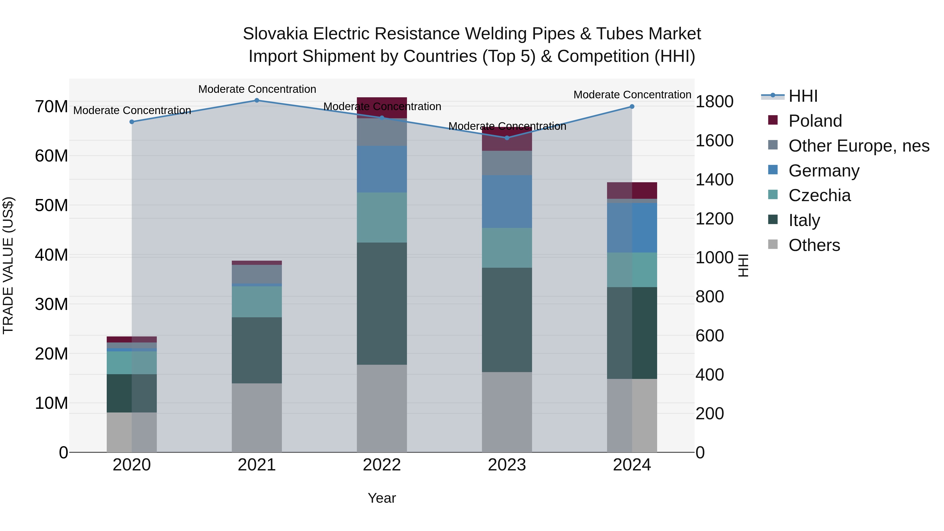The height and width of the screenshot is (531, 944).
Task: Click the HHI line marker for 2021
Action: tap(257, 100)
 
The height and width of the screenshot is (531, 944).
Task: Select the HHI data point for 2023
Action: tap(507, 138)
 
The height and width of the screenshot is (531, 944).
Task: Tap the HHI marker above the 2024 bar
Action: tap(632, 107)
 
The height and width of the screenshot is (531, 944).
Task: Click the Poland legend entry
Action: tap(815, 121)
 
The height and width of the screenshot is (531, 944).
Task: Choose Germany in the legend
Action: tap(823, 171)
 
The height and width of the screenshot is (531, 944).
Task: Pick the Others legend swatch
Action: tap(773, 244)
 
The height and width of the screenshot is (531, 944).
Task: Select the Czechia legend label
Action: tap(819, 195)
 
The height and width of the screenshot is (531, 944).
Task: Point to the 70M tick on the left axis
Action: tap(51, 107)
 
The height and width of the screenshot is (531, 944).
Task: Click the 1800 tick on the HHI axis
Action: tap(714, 102)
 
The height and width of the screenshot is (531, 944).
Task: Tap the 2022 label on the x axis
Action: tap(382, 465)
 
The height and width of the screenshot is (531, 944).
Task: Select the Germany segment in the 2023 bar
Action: tap(507, 202)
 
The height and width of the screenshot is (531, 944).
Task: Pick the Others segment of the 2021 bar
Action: tap(257, 418)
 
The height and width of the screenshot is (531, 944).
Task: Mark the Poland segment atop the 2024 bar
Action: tap(632, 191)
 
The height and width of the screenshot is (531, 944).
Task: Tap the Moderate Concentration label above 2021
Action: tap(257, 89)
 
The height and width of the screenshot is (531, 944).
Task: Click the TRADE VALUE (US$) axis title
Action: tap(8, 265)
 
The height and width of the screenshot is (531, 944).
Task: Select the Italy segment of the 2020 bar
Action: tap(132, 393)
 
